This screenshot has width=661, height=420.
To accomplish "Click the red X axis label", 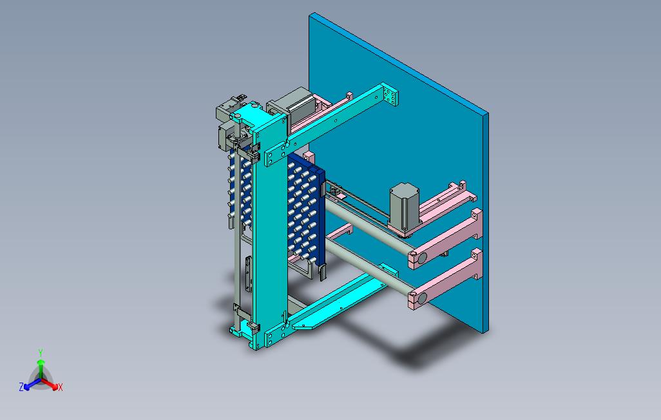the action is coord(61,387).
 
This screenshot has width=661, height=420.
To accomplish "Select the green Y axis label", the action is coord(41,352).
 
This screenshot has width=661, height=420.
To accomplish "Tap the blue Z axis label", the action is coord(21,387).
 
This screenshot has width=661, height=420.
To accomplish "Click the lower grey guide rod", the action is coord(367,269).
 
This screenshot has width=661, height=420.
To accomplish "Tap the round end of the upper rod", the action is coord(421,258).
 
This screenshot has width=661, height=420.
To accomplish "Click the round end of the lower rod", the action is coord(421,298).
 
